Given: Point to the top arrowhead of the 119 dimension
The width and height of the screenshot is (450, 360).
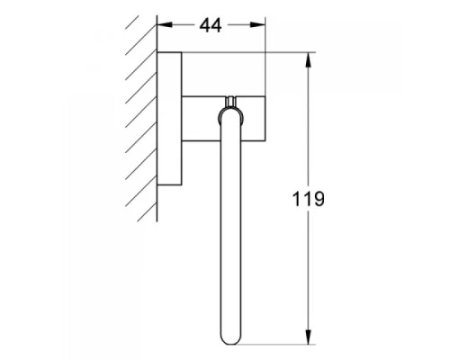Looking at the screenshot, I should pyautogui.click(x=309, y=58).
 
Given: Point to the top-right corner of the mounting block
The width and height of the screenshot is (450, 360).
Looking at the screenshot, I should pyautogui.click(x=265, y=93).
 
